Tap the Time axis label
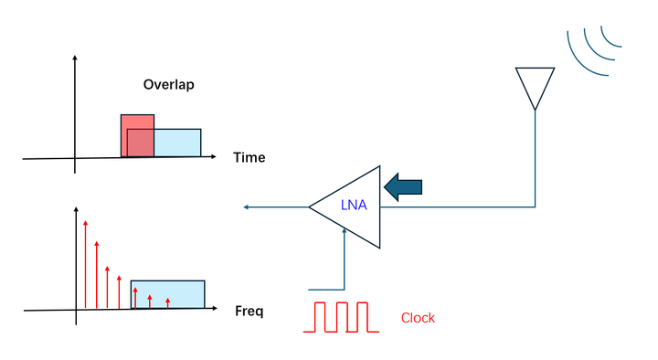pyautogui.click(x=249, y=157)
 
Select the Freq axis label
pyautogui.click(x=249, y=312)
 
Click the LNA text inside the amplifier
pyautogui.click(x=354, y=206)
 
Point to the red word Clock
pyautogui.click(x=418, y=318)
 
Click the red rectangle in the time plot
pyautogui.click(x=137, y=123)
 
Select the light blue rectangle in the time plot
pyautogui.click(x=177, y=143)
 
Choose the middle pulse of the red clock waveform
pyautogui.click(x=343, y=316)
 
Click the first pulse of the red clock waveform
pyautogui.click(x=321, y=316)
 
